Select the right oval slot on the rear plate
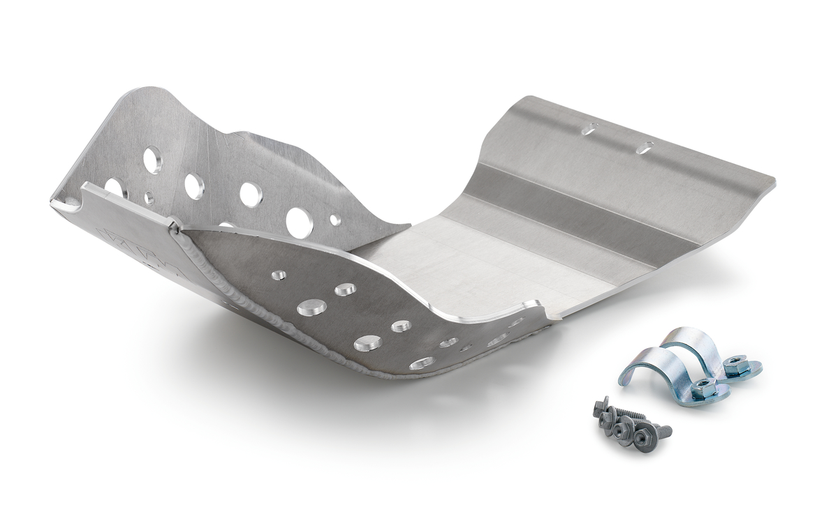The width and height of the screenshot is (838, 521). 647,146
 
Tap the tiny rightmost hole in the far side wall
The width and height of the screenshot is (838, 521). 336,220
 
